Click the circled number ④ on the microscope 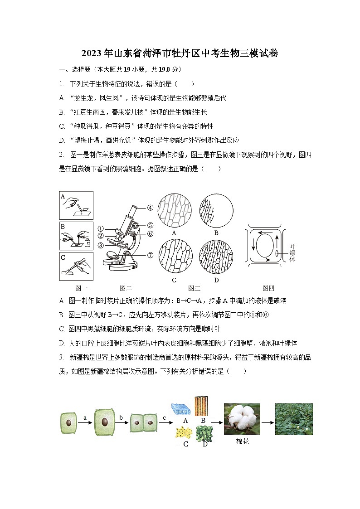coord(150,208)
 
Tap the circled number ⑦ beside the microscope coord(150,255)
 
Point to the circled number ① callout coord(101,229)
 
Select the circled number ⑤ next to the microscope coord(150,225)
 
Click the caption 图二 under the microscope coord(126,288)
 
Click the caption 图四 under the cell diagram coord(268,288)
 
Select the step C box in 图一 coord(76,266)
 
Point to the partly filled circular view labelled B coord(216,210)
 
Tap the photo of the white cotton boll coord(242,419)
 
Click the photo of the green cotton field coord(294,419)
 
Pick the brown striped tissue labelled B coord(201,406)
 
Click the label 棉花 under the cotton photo coord(243,441)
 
